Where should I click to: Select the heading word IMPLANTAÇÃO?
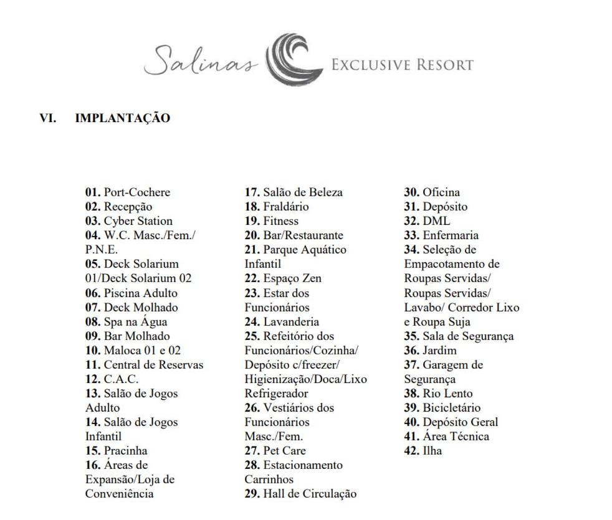click(122, 118)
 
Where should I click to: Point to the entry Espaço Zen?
click(292, 278)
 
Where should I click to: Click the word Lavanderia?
click(291, 321)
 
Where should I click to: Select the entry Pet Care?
click(285, 450)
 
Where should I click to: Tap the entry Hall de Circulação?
click(310, 494)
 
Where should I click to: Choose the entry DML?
click(436, 221)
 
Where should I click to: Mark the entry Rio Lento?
click(447, 393)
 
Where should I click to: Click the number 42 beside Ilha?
click(411, 450)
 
